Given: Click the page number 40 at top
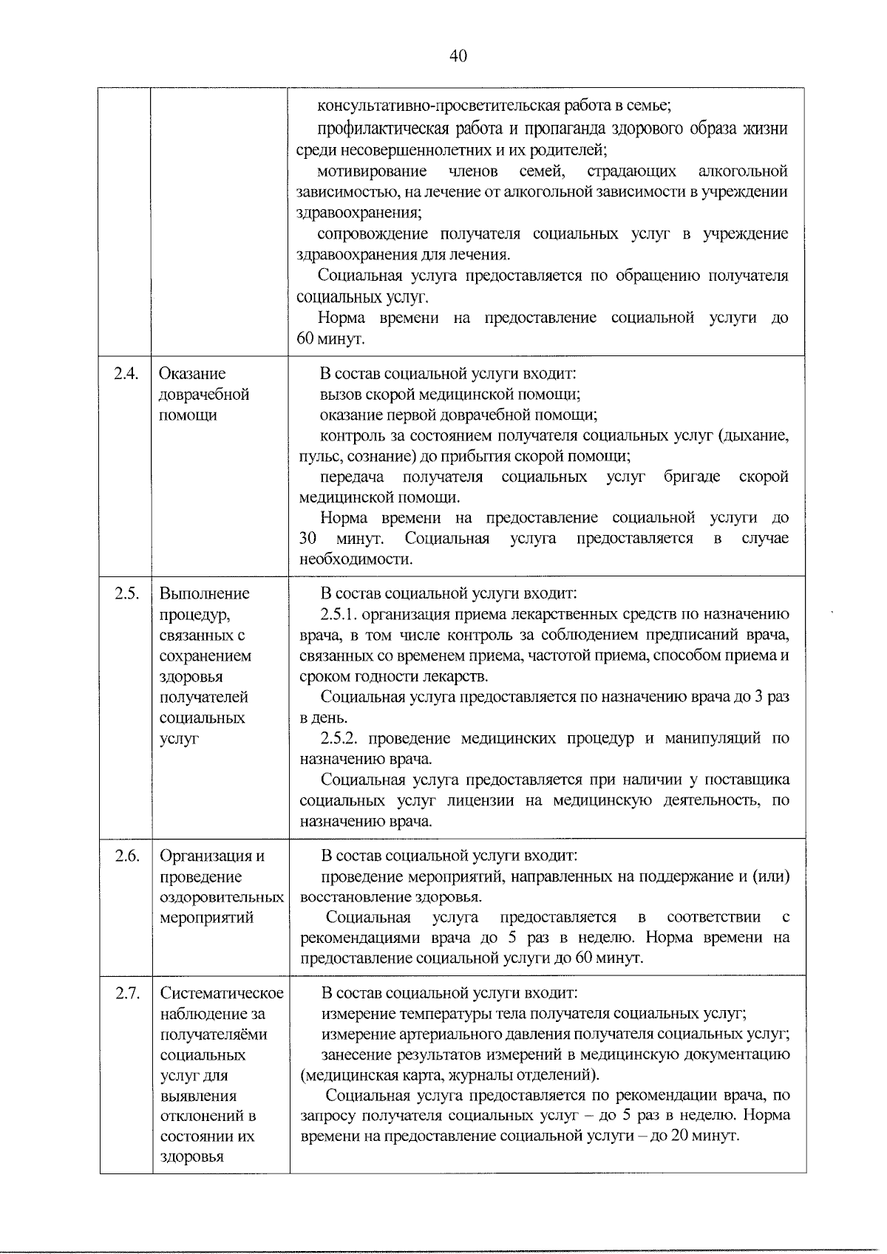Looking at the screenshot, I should (x=458, y=57).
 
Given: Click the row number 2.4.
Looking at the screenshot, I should (x=126, y=374).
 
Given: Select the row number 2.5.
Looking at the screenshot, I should (x=126, y=594).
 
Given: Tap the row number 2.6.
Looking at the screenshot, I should (x=126, y=856).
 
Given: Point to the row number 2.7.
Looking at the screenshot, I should (x=126, y=993).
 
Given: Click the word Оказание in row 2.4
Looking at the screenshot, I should (x=193, y=374).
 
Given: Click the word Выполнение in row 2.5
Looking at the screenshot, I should (x=205, y=594).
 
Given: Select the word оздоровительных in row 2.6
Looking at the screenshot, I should (x=222, y=898).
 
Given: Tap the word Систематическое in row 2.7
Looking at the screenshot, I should (x=222, y=993).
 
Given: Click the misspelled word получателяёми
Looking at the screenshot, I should (x=214, y=1035).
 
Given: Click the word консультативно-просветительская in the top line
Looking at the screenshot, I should (x=413, y=106).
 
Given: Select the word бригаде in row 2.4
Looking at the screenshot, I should (x=692, y=477).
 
